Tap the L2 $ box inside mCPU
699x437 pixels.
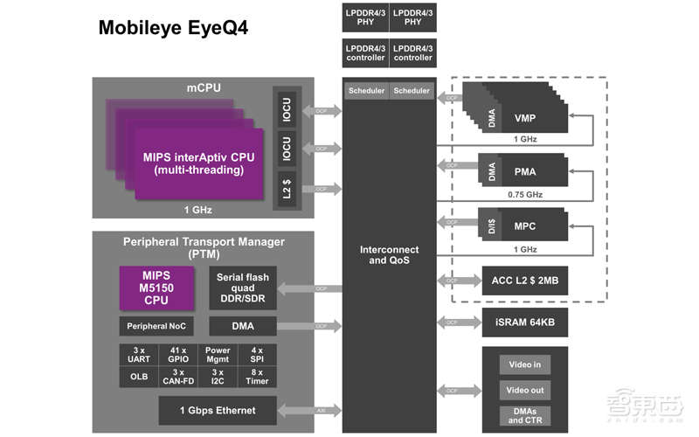click(x=287, y=188)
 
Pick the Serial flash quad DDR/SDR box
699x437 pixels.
click(x=244, y=288)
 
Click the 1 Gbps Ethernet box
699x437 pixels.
click(x=217, y=409)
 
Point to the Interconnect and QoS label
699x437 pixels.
click(x=389, y=255)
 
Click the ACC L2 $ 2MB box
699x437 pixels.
click(x=524, y=281)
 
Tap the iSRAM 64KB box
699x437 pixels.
click(x=524, y=323)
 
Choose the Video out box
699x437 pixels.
click(x=524, y=390)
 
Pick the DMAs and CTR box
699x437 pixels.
click(x=524, y=415)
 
